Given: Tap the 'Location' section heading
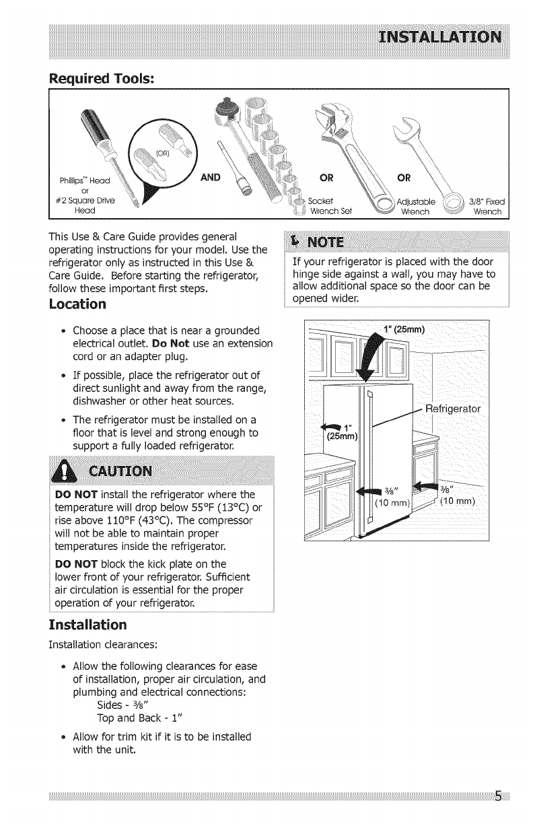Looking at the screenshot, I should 77,304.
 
